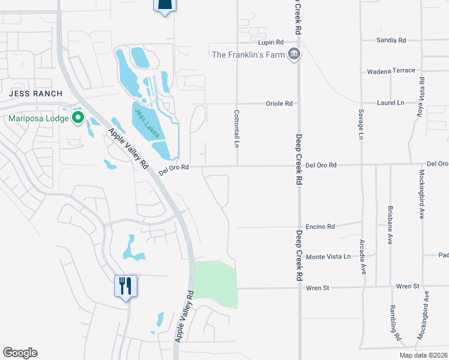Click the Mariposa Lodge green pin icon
[x=77, y=118]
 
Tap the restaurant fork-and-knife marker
[x=126, y=286]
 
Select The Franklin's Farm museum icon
[x=294, y=55]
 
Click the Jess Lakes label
[x=147, y=123]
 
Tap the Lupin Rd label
[x=270, y=43]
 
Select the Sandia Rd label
[x=391, y=40]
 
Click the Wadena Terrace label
[x=391, y=71]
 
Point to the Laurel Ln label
[x=391, y=103]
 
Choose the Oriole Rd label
[x=279, y=104]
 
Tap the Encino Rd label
[x=320, y=227]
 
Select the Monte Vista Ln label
[x=328, y=257]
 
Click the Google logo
[x=20, y=353]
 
